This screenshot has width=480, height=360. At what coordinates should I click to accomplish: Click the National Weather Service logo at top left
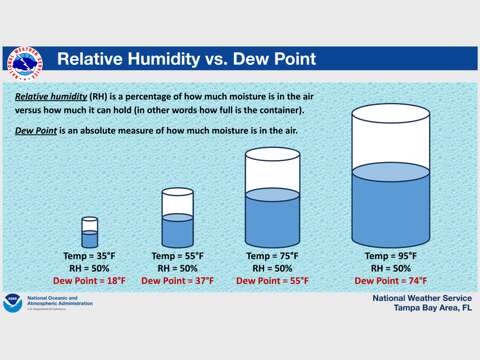click(25, 61)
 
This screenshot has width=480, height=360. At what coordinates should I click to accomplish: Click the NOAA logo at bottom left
click(14, 301)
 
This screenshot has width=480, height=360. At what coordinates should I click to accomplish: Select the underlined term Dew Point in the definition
click(38, 131)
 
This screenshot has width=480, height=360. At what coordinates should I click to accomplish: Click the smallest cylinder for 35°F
click(90, 232)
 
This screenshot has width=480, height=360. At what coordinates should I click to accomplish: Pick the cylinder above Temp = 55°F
click(177, 218)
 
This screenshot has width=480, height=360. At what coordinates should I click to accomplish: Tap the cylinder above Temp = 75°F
click(272, 200)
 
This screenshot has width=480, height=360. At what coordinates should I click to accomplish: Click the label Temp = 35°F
click(90, 256)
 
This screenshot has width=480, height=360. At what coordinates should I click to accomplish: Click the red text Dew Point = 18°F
click(90, 281)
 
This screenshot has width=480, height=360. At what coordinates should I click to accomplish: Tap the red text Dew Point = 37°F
click(177, 281)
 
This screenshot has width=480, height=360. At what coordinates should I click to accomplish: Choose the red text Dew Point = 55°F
click(272, 281)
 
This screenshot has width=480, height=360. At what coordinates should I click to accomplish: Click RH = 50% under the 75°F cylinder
click(272, 268)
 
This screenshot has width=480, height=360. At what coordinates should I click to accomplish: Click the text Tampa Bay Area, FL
click(418, 308)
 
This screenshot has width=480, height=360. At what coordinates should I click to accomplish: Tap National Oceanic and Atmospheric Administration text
click(60, 302)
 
